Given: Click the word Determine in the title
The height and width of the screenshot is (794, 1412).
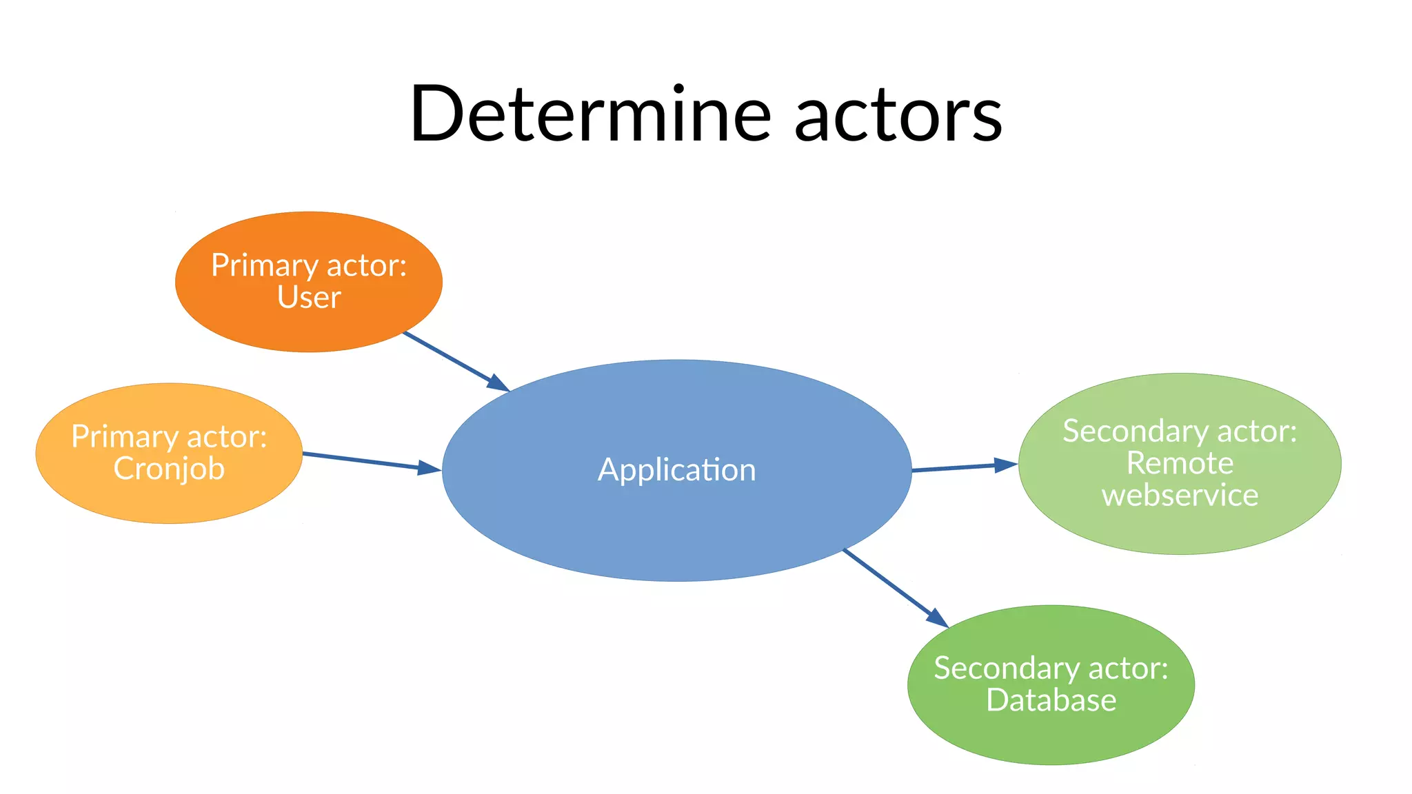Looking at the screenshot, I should (x=589, y=114).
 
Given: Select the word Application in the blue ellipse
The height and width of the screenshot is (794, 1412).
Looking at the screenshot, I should (x=676, y=470).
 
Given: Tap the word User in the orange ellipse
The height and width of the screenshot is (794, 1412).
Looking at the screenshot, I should (x=309, y=298).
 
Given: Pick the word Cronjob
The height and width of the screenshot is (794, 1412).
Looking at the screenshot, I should (x=169, y=469).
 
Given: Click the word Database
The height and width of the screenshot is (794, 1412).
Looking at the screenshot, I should (x=1051, y=700).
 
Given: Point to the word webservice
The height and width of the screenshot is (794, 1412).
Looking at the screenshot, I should (x=1180, y=495).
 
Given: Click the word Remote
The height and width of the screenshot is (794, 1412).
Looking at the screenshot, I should (x=1180, y=462).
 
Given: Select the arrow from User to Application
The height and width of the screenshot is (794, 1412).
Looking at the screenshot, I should (x=448, y=357).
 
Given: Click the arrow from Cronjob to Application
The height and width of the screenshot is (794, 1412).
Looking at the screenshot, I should (x=359, y=460).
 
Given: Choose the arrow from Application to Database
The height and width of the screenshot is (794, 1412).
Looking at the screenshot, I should (x=889, y=583).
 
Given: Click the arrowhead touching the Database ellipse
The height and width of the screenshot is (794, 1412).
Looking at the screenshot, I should (x=938, y=618).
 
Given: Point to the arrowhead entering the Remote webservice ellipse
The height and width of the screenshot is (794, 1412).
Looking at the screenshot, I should (x=1006, y=465).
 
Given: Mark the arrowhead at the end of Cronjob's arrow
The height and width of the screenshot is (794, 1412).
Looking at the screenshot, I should (x=430, y=469).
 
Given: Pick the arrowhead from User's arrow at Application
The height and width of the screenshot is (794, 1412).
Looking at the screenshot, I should (x=498, y=383).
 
